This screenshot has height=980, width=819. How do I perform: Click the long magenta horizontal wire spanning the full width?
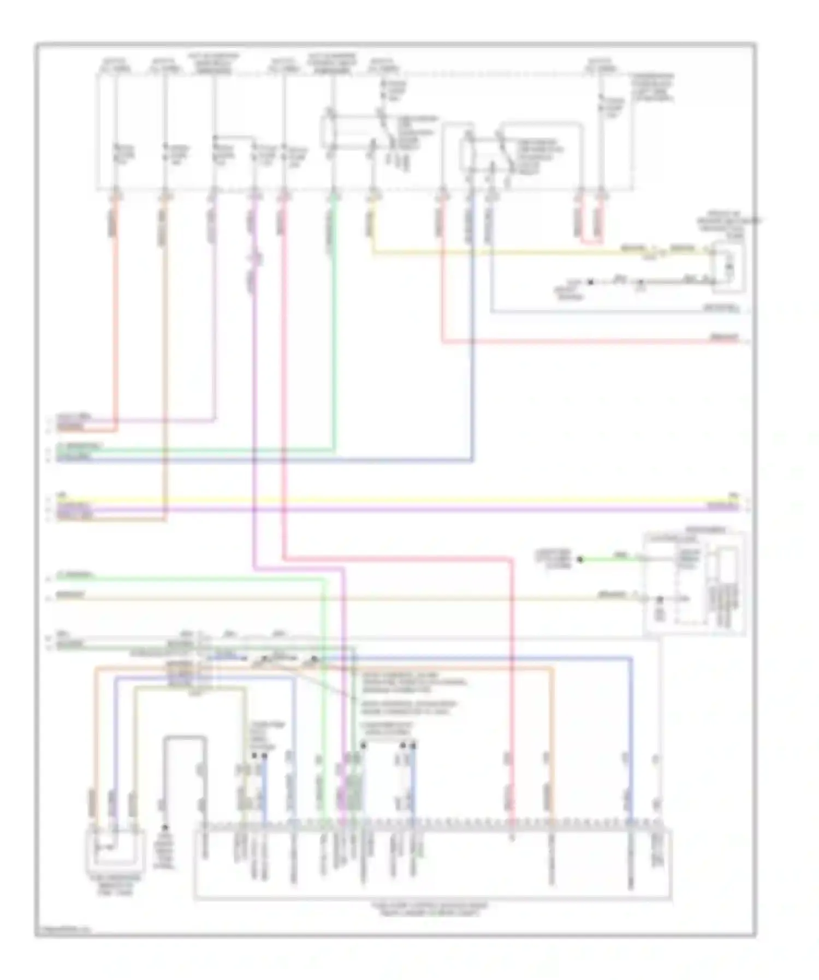click(382, 509)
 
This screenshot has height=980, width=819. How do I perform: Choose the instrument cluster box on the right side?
click(694, 584)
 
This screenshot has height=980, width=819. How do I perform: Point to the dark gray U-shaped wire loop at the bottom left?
click(186, 738)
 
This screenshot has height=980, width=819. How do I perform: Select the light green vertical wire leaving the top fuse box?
click(334, 327)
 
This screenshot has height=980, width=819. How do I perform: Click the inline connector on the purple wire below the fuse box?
click(254, 259)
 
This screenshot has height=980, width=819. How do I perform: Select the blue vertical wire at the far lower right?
click(631, 737)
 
